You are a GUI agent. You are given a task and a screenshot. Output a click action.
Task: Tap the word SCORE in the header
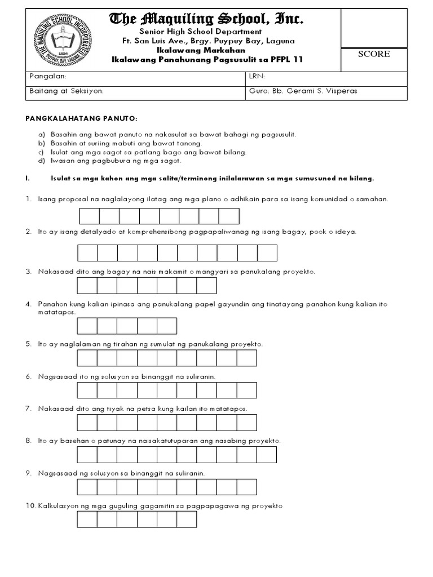[x=374, y=54]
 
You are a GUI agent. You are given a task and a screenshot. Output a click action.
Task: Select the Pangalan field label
[x=47, y=76]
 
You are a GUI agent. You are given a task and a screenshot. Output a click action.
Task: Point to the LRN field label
[x=257, y=76]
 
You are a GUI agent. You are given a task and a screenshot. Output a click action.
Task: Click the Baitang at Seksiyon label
[x=66, y=91]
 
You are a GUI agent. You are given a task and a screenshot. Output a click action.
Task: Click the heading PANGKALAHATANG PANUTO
[x=82, y=119]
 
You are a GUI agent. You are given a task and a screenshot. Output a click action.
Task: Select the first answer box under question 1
[x=90, y=216]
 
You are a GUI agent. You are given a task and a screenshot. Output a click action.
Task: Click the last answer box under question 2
[x=267, y=254]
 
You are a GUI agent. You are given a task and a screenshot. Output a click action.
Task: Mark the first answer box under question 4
[x=87, y=326]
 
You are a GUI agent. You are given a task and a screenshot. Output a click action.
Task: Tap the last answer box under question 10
[x=187, y=519]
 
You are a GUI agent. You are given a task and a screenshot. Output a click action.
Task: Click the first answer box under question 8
[x=87, y=454]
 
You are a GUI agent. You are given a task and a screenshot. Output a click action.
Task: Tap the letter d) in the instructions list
[x=41, y=161]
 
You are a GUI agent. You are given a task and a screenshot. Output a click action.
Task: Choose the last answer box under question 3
[x=207, y=286]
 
